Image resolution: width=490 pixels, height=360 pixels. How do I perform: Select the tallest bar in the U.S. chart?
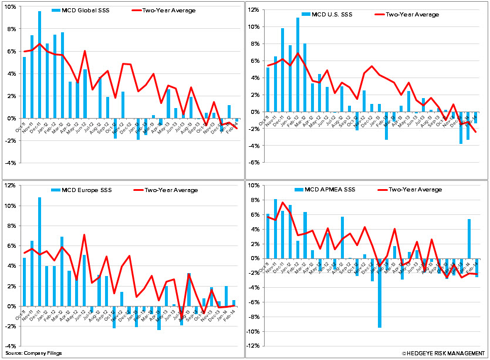[298, 65]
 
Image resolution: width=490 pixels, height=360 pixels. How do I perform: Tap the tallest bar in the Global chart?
[40, 65]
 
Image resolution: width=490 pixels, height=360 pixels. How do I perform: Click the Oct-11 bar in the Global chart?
[24, 88]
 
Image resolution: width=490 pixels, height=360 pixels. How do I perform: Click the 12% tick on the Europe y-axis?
[10, 186]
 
